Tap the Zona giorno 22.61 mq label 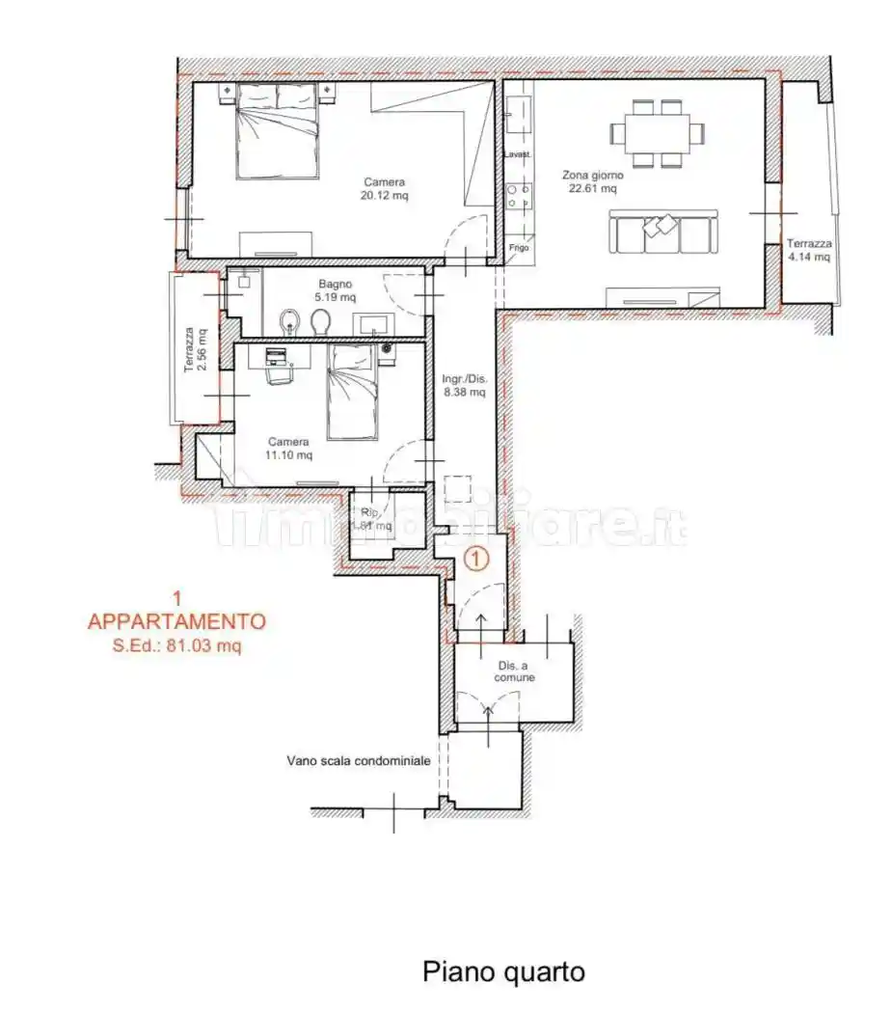point(593,182)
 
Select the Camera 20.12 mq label point(384,188)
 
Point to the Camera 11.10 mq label point(289,449)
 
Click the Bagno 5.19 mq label point(335,291)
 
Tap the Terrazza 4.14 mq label point(808,251)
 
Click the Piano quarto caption point(503,972)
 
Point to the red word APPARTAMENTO point(176,621)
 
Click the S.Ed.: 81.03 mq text point(176,646)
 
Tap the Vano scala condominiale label point(358,760)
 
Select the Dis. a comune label point(516,671)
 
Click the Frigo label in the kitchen point(519,248)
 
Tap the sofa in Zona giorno point(661,233)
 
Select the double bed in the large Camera point(278,130)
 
